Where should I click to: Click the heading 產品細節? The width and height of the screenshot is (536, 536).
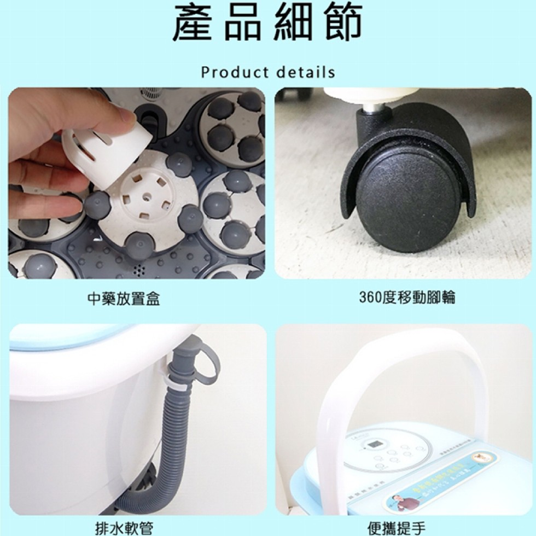tap(267, 24)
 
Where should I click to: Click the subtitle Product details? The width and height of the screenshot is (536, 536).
tap(267, 72)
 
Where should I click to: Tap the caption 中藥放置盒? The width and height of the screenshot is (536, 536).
tap(124, 298)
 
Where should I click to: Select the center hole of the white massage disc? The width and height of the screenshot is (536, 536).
tap(147, 194)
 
